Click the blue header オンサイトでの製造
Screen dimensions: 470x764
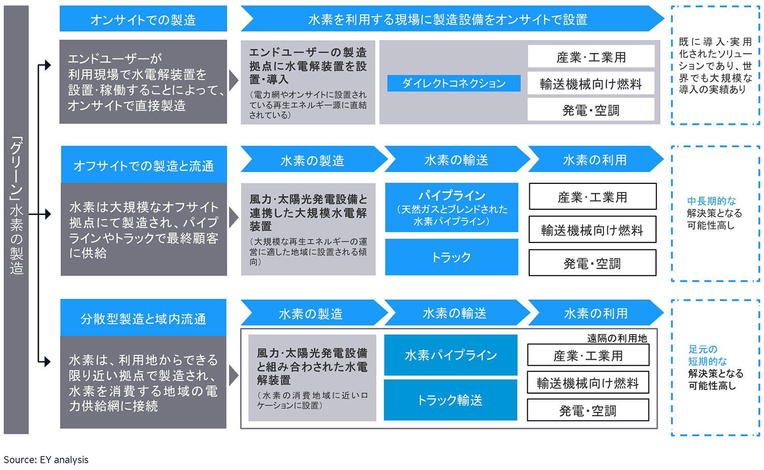click(x=143, y=19)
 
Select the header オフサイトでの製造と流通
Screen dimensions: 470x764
click(x=144, y=165)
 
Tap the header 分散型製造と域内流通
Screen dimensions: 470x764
click(x=143, y=318)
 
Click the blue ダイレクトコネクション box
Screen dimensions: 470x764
click(x=453, y=84)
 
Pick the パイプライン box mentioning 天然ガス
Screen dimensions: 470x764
click(x=451, y=208)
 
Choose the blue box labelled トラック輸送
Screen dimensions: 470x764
click(x=450, y=400)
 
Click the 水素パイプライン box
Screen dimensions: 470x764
click(x=450, y=355)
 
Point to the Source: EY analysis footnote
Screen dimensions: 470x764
click(x=46, y=460)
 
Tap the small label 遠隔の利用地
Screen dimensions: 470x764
click(x=617, y=338)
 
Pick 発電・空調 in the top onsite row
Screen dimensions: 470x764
click(x=591, y=110)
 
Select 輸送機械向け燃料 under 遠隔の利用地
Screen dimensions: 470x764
click(x=588, y=383)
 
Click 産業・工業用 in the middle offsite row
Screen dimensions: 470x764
click(x=592, y=197)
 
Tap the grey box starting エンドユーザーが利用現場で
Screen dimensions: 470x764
click(x=143, y=82)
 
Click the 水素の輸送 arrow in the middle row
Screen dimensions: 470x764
click(x=456, y=160)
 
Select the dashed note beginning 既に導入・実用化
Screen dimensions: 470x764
click(x=715, y=66)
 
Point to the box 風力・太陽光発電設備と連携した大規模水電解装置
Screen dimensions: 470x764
click(x=308, y=229)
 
